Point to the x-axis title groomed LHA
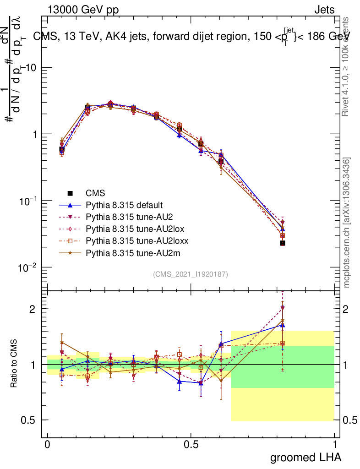click(x=305, y=457)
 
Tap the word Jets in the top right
click(x=324, y=10)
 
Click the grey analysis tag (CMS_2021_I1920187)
click(x=191, y=274)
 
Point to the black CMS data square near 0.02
click(x=283, y=243)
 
